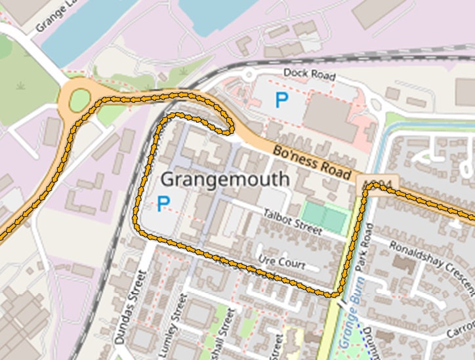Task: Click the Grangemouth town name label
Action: click(x=224, y=178)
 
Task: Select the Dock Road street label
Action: click(x=309, y=74)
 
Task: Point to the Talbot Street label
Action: click(x=293, y=222)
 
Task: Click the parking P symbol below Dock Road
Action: click(x=281, y=100)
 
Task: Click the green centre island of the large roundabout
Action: click(x=79, y=100)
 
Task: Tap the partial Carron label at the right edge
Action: click(x=460, y=334)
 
